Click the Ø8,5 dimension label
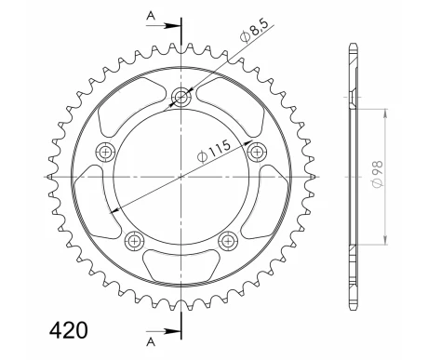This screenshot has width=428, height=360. coord(254,33)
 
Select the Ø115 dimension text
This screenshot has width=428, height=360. coord(214,151)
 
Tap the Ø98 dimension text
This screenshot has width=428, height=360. coord(378,174)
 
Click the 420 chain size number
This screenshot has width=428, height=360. coord(69,330)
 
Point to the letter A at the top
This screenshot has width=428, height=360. coord(151,16)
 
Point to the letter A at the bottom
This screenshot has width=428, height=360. coord(151,342)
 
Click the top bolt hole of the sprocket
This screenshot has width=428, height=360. coord(181,98)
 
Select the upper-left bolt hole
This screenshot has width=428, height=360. coord(106,153)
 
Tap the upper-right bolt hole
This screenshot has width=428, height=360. coord(257,153)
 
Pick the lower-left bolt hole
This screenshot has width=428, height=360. coord(135,241)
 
